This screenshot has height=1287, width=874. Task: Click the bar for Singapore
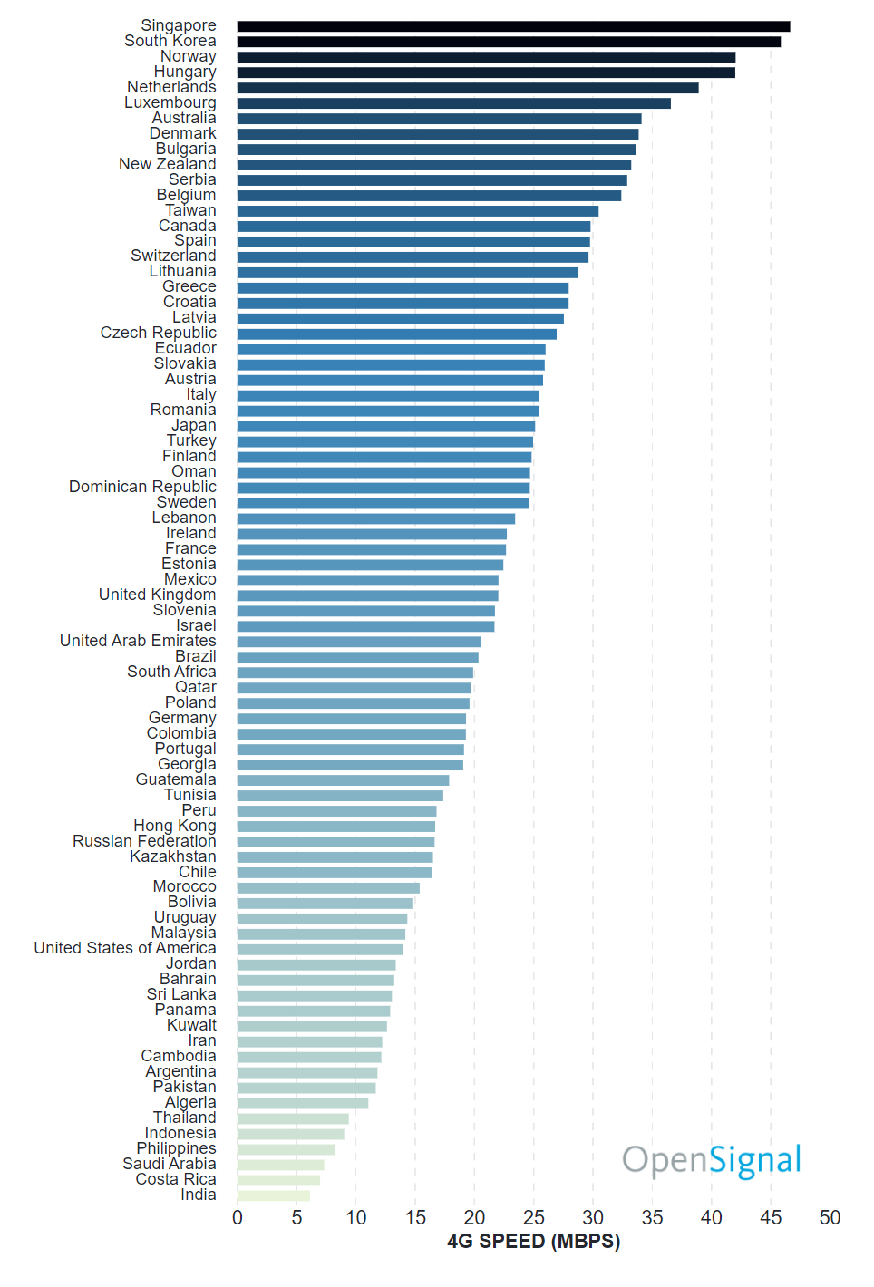[513, 26]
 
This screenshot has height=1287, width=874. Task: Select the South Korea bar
[509, 42]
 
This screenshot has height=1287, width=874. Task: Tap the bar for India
[273, 1195]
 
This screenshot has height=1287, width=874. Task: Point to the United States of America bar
[320, 949]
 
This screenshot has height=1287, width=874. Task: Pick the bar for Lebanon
[376, 518]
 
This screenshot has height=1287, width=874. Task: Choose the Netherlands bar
[468, 88]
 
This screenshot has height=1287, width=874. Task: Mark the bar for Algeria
[303, 1103]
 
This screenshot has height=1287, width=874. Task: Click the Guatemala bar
[343, 780]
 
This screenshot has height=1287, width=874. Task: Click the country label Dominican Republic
[142, 488]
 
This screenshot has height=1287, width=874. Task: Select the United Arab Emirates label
[138, 641]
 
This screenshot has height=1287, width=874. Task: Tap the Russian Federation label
[144, 841]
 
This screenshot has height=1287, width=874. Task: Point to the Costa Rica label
[176, 1179]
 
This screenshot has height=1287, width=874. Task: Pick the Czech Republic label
[159, 334]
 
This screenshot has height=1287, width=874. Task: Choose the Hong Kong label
[175, 826]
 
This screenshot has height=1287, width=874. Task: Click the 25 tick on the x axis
[534, 1217]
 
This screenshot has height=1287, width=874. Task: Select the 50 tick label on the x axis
[830, 1217]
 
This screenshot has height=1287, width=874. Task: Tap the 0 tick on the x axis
[238, 1217]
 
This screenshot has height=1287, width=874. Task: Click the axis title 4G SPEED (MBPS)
[533, 1242]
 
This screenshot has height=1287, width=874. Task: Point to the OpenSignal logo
[712, 1160]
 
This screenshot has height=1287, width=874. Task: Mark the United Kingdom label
[157, 595]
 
